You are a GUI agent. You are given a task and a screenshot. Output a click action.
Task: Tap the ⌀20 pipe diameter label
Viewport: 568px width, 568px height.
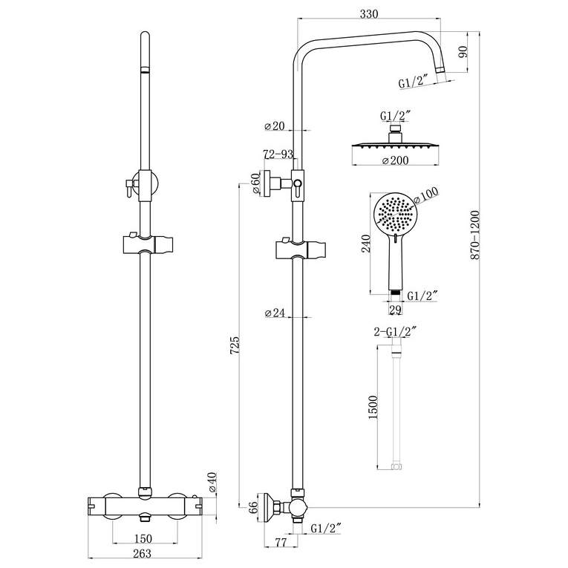[275, 127]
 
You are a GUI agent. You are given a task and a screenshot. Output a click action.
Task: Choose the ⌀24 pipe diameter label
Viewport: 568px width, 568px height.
[275, 313]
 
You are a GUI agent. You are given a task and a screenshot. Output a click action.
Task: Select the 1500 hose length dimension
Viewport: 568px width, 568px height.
[373, 408]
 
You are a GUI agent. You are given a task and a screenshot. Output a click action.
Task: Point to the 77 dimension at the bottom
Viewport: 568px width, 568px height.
[281, 543]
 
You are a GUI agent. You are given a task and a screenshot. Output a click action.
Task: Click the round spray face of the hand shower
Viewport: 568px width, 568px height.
[396, 215]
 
